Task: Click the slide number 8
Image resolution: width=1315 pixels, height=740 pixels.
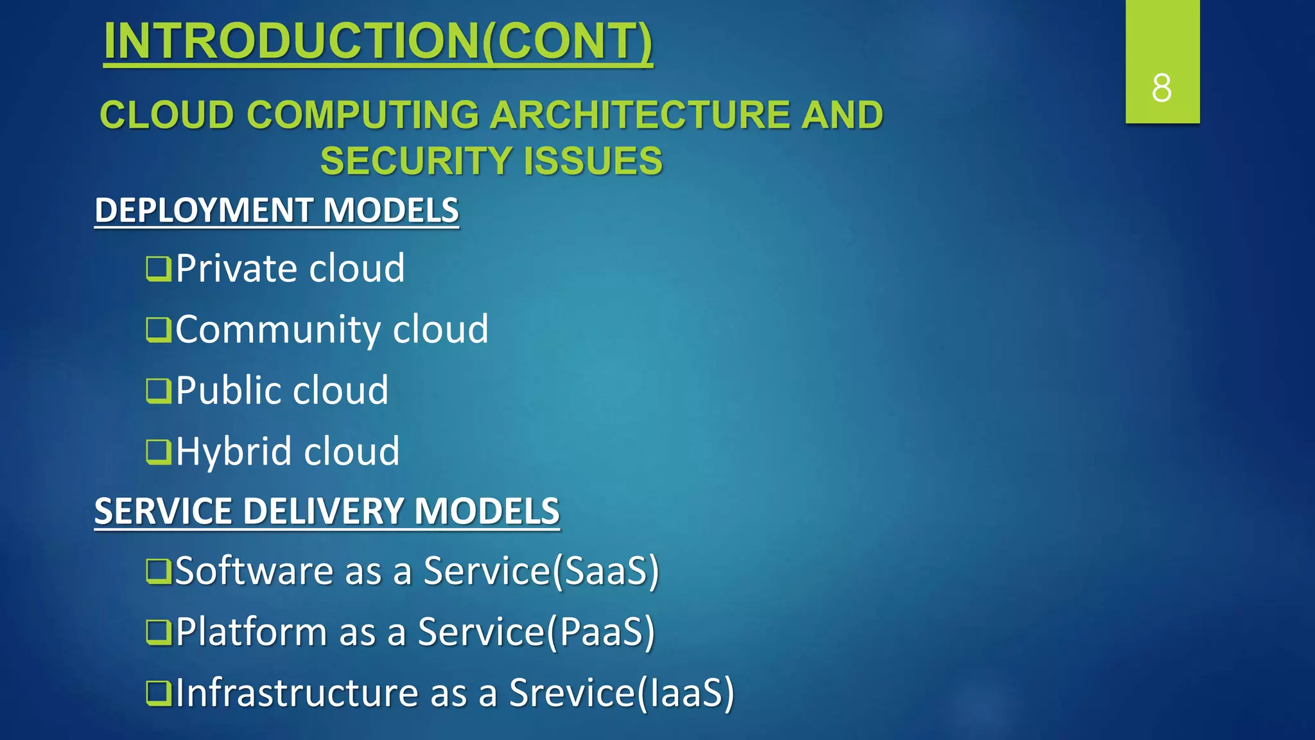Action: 1162,88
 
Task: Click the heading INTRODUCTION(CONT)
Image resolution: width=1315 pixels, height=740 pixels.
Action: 378,42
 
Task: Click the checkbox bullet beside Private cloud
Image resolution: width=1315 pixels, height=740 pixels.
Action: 158,269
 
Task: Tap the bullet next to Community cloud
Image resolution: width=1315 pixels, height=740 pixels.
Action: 158,330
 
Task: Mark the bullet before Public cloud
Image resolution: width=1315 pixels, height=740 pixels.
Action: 158,391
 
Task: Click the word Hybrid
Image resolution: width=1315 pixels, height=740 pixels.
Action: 234,452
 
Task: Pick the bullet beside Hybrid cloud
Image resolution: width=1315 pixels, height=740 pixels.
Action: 158,452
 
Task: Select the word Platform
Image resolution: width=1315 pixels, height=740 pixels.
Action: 251,632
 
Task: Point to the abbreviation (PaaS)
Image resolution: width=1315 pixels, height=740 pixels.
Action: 600,632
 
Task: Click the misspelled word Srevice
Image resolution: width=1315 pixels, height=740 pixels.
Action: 571,693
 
